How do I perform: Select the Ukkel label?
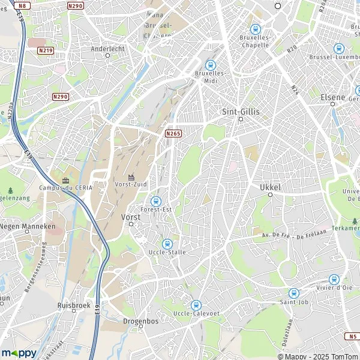point(270,188)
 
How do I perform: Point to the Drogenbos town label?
point(140,321)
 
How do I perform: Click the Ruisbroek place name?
point(73,304)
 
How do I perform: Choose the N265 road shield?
point(173,133)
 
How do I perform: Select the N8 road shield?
point(23,6)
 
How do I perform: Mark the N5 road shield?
point(352,336)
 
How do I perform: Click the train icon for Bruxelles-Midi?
point(210,65)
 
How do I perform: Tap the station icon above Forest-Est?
point(156,200)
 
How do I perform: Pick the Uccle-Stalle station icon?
point(167,244)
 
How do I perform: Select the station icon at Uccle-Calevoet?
point(196,305)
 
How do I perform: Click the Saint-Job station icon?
point(293,293)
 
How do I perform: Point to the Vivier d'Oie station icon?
point(334,279)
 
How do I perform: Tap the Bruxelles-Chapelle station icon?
point(255,29)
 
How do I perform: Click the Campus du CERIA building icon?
point(65,179)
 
